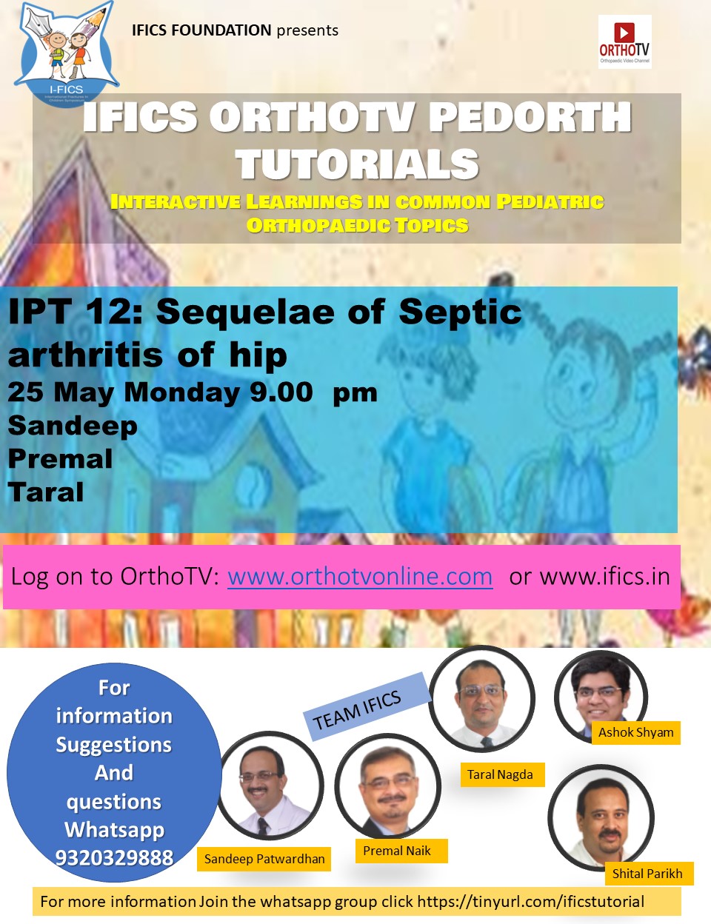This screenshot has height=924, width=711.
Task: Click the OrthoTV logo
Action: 624,41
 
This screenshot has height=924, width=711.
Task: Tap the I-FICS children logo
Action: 67,53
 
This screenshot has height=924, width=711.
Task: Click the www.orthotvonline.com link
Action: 360,577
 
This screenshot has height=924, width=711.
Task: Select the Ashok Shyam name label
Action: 635,732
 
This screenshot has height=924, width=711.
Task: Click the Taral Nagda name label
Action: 500,774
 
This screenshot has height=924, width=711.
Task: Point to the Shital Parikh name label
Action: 647,874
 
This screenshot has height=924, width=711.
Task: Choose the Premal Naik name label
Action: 397,851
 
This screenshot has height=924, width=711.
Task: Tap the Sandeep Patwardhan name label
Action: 264,859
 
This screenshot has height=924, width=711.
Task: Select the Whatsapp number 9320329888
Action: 114,857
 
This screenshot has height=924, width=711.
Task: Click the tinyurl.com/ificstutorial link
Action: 531,902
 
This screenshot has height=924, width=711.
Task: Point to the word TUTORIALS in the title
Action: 358,164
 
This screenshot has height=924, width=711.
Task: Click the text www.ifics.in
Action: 604,577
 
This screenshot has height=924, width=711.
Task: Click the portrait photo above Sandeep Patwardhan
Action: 271,785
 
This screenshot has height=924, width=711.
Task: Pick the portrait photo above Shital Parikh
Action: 601,817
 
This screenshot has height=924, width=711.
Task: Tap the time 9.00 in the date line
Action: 281,392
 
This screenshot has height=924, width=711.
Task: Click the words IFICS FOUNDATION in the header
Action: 201,30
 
